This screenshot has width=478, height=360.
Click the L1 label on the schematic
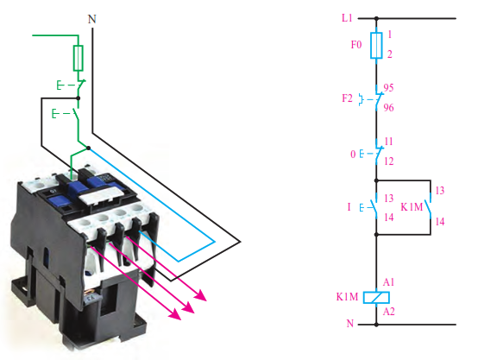tap(347, 18)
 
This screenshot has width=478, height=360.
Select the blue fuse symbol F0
tap(376, 45)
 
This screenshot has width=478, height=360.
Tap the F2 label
tap(347, 98)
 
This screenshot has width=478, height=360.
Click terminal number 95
tap(388, 88)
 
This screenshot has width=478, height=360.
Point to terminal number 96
tap(388, 107)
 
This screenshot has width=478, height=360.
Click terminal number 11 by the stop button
tap(388, 142)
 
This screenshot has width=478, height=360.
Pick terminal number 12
tap(388, 161)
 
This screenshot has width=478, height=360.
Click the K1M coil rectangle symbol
tap(376, 297)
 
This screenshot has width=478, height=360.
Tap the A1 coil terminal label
tap(388, 282)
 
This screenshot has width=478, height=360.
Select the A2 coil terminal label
tap(388, 312)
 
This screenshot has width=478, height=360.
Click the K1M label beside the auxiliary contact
tap(412, 207)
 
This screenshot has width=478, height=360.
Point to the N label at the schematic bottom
tap(350, 324)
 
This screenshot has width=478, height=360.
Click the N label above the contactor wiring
tap(92, 19)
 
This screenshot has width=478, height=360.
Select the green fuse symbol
tap(79, 58)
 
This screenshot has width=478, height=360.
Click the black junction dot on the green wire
tap(78, 98)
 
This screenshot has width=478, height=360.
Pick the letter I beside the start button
tap(349, 207)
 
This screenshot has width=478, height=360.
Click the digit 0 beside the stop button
tap(353, 154)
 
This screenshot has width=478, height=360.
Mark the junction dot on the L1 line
tap(376, 18)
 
